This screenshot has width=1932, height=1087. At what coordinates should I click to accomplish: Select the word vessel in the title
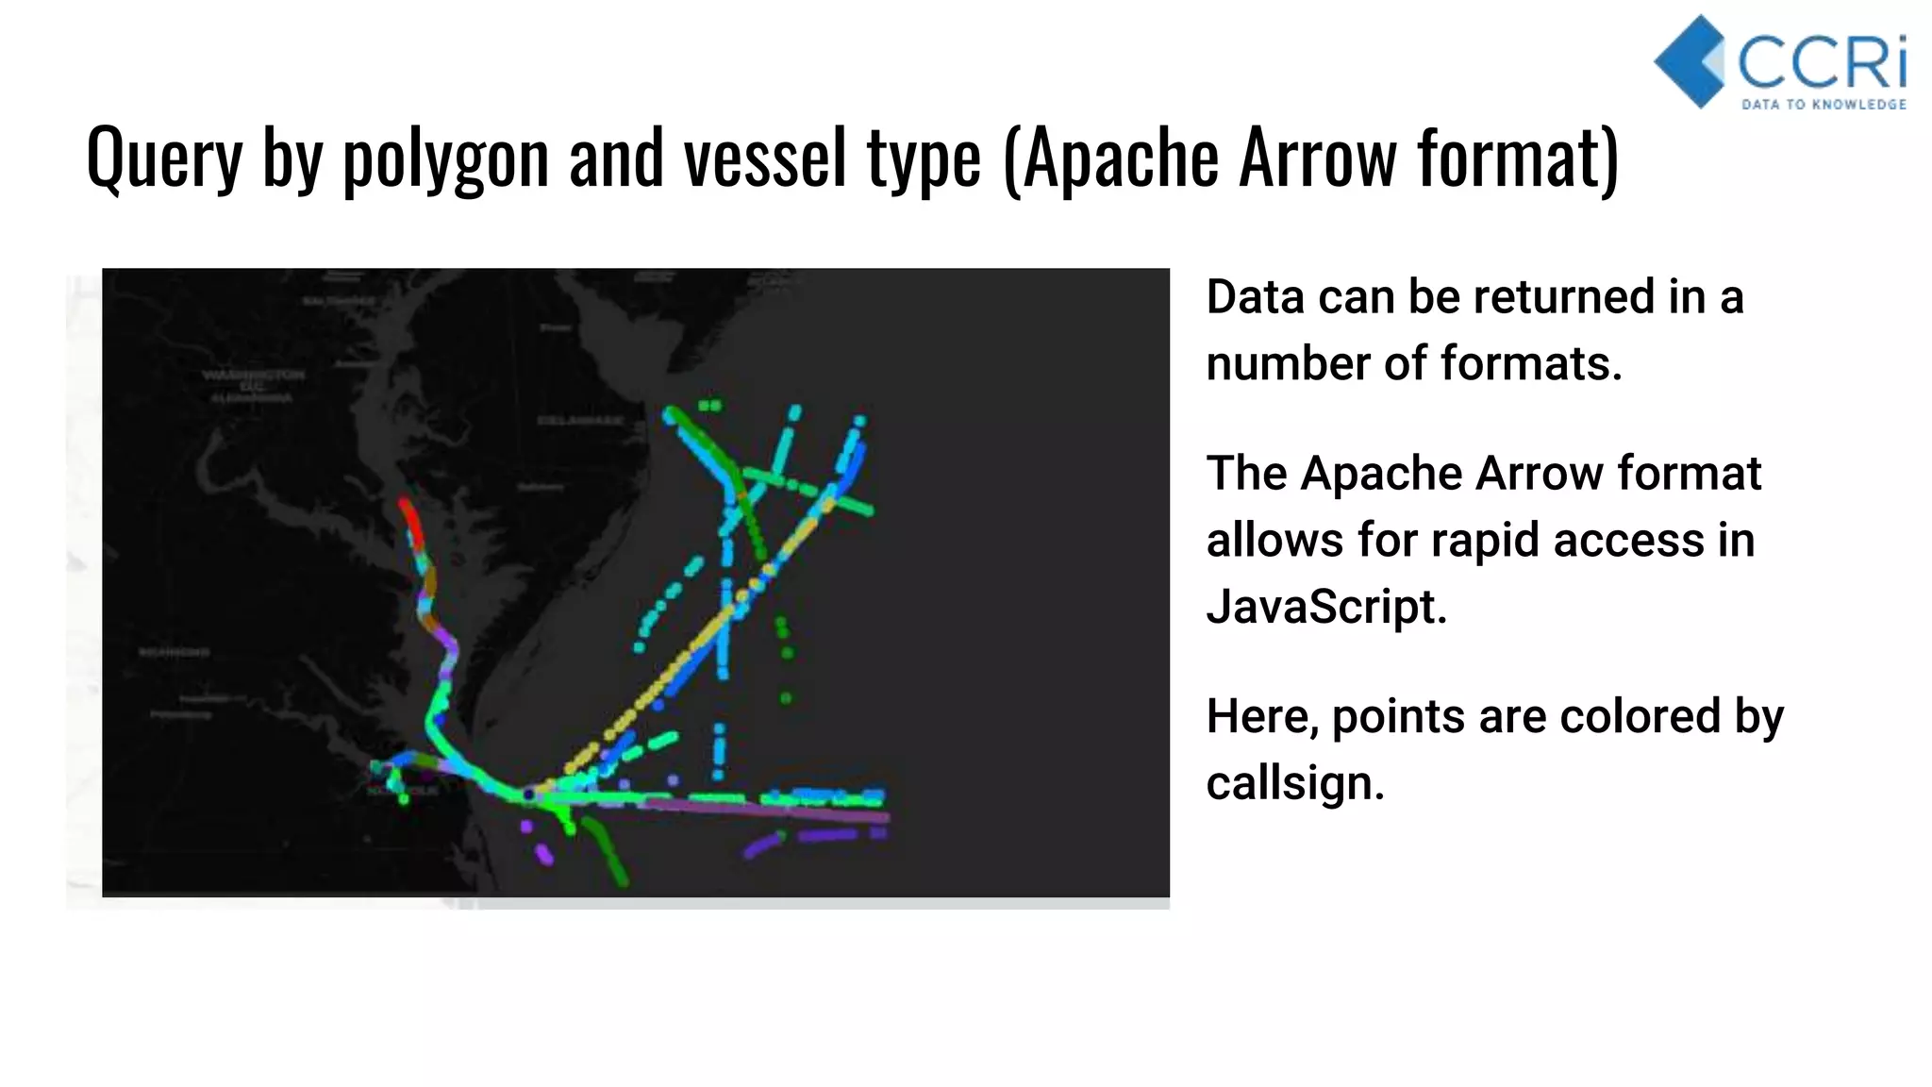click(x=765, y=159)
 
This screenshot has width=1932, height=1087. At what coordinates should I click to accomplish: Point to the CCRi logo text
click(x=1821, y=62)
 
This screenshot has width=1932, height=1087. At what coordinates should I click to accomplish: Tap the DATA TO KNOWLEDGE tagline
click(x=1824, y=105)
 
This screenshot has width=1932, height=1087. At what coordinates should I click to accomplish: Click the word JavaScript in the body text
click(x=1325, y=606)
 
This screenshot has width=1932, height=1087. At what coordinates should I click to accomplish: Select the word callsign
click(x=1295, y=783)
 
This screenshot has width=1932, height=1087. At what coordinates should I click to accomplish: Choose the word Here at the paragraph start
click(x=1262, y=716)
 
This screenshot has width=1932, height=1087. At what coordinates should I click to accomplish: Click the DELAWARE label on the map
click(x=580, y=420)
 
